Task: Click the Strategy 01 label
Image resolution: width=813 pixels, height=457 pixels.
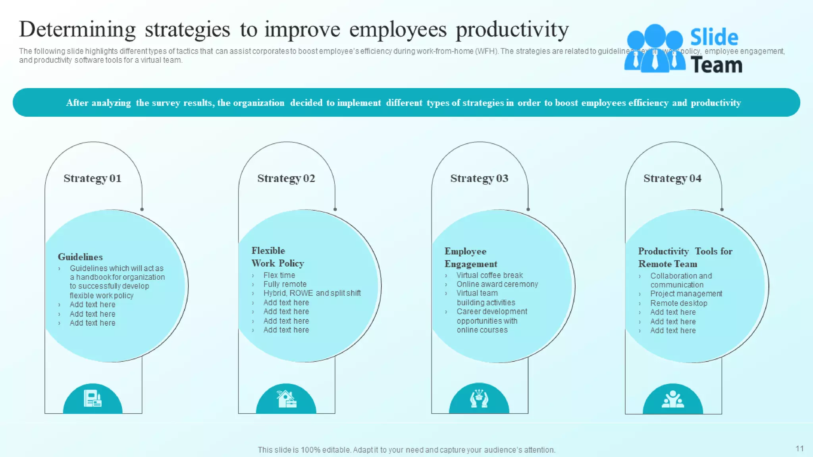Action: [92, 179]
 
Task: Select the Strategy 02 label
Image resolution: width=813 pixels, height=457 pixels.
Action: [286, 179]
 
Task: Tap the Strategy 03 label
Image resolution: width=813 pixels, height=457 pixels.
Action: [479, 179]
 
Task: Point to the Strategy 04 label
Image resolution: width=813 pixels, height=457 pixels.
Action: [672, 179]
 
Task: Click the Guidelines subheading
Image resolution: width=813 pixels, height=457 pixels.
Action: [80, 257]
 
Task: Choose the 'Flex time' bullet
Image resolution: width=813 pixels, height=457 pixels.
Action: [279, 275]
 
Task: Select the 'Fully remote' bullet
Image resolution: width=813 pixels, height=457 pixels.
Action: [285, 284]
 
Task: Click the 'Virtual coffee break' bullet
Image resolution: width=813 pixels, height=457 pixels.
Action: [489, 275]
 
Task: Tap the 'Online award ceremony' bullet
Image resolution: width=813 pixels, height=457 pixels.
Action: [497, 284]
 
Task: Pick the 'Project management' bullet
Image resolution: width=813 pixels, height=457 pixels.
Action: [686, 294]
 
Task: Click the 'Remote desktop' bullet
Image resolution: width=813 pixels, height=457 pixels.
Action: [678, 303]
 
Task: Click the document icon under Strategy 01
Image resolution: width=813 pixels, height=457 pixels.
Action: [92, 398]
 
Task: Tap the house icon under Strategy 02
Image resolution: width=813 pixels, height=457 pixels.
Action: [286, 399]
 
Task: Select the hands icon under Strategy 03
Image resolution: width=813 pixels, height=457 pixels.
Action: [479, 398]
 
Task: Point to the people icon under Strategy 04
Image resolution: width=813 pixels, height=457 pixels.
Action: [672, 399]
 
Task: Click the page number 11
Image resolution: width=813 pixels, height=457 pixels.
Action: [800, 449]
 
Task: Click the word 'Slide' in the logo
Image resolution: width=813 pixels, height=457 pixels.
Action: [714, 38]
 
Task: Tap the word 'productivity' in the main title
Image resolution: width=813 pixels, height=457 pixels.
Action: [512, 30]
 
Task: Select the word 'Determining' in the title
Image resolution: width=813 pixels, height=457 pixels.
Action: [77, 30]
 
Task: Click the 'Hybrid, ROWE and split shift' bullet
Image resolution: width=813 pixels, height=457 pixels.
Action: [312, 293]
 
